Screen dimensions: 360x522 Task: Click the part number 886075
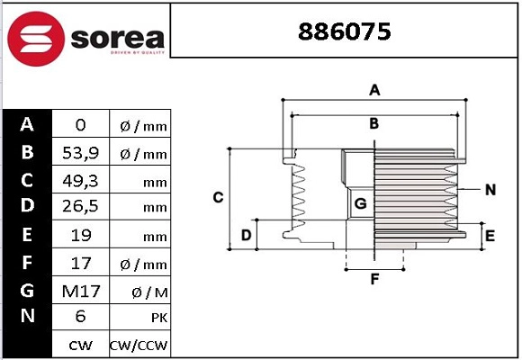(x=344, y=32)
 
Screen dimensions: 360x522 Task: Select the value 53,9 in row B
(x=80, y=154)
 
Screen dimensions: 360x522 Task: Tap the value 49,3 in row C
(x=80, y=181)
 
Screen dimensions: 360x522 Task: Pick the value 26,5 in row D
(x=80, y=208)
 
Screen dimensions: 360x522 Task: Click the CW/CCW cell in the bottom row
(x=139, y=345)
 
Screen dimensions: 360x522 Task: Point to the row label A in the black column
(x=27, y=125)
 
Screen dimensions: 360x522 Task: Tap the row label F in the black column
(x=27, y=263)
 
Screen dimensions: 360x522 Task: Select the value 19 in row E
(x=80, y=236)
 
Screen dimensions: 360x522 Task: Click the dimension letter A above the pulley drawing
(x=374, y=89)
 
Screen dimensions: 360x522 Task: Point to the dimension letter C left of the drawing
(x=218, y=197)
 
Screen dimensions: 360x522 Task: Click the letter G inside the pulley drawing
(x=360, y=203)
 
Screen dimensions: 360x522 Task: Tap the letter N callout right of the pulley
(x=490, y=189)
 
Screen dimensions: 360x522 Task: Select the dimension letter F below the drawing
(x=374, y=279)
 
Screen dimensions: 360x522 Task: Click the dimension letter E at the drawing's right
(x=490, y=236)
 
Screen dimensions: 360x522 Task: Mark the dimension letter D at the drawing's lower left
(x=246, y=236)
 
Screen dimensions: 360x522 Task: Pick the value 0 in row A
(x=80, y=126)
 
